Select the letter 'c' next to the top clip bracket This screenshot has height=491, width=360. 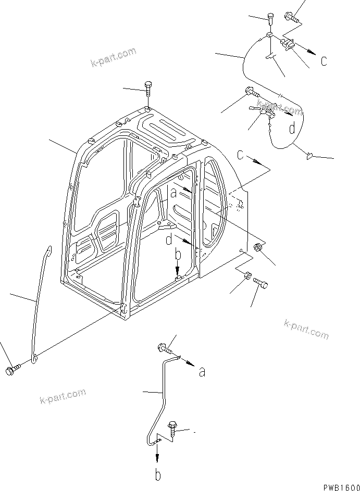point(324,61)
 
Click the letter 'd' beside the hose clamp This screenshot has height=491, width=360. point(293,128)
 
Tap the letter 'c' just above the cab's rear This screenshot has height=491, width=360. point(240,155)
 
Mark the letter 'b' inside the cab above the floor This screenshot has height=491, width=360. point(177,255)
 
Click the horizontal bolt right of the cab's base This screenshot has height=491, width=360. point(261,283)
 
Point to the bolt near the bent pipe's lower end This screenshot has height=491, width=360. point(172,430)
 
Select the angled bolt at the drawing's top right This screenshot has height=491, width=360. point(291,18)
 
